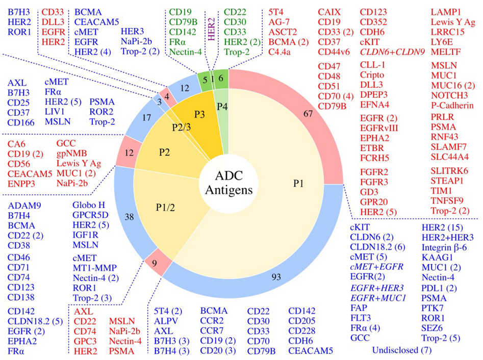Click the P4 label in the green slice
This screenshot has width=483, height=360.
click(220, 106)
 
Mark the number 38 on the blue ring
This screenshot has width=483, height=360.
click(130, 216)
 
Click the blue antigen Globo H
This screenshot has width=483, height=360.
click(88, 205)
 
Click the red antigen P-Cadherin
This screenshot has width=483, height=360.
click(452, 106)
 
